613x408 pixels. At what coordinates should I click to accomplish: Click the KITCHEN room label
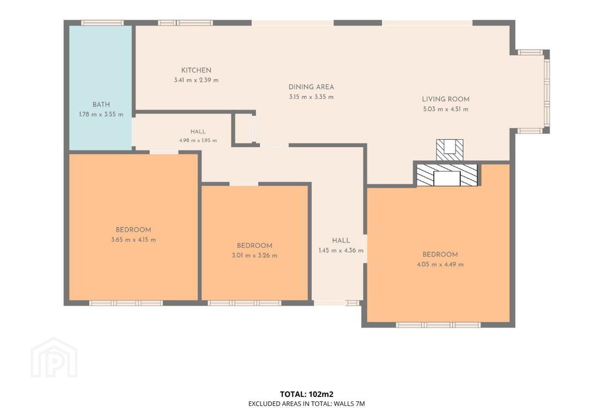point(196,70)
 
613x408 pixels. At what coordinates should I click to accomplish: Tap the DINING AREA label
point(311,87)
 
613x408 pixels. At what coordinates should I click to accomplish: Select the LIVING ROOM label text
point(446,99)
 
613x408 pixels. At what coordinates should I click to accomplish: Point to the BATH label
point(101,105)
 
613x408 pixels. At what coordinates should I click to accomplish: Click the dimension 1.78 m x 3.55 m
point(101,114)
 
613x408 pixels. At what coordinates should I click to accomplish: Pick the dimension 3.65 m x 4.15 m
point(133,240)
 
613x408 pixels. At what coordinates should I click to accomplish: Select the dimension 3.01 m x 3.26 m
point(255,256)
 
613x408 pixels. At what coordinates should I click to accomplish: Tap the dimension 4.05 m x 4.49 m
point(440,264)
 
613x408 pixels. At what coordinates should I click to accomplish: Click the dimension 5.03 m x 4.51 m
point(446,109)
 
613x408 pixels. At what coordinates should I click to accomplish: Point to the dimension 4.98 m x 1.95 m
point(198,141)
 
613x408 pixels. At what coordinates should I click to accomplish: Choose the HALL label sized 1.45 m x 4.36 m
point(341,241)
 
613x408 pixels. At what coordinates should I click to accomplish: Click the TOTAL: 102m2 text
point(306,394)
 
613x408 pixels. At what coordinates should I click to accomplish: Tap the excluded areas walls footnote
point(306,404)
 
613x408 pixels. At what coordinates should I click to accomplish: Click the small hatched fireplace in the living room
point(450,150)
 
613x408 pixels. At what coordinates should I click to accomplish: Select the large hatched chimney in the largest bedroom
point(447,175)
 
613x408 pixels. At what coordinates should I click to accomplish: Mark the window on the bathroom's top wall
point(103,23)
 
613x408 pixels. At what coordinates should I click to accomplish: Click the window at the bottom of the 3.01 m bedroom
point(244,303)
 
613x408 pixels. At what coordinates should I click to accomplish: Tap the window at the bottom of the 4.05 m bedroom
point(438,325)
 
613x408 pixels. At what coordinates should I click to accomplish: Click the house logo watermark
point(54,357)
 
